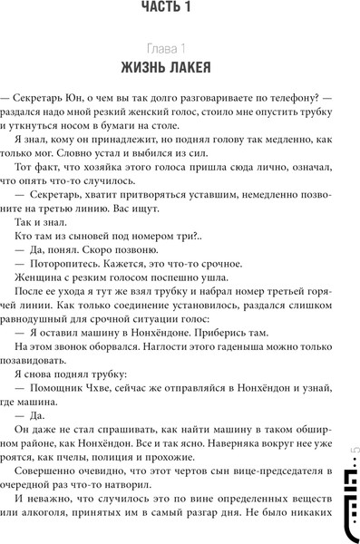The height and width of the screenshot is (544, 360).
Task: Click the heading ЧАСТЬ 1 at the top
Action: coord(180,9)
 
